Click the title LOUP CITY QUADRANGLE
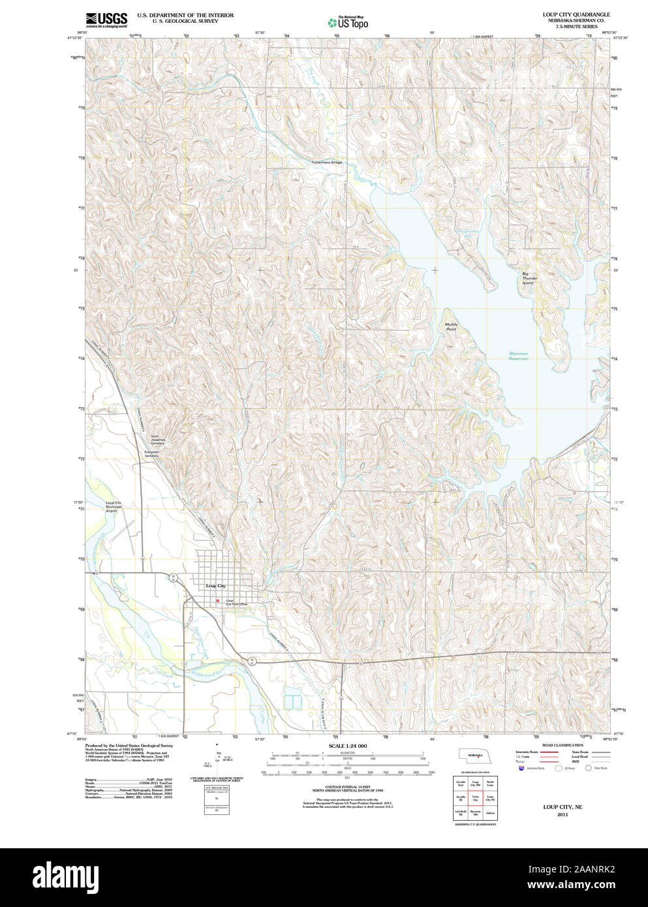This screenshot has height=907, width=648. pyautogui.click(x=576, y=14)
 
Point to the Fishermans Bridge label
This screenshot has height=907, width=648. pyautogui.click(x=326, y=162)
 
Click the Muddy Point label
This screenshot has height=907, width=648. pyautogui.click(x=451, y=326)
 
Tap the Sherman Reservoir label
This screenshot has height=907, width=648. pyautogui.click(x=519, y=356)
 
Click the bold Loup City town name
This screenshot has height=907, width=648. pyautogui.click(x=215, y=586)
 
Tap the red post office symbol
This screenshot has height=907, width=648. pyautogui.click(x=218, y=600)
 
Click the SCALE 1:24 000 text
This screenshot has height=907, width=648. pyautogui.click(x=347, y=745)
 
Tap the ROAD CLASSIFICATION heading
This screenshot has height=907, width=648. pyautogui.click(x=563, y=745)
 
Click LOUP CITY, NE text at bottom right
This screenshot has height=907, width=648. pyautogui.click(x=562, y=807)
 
